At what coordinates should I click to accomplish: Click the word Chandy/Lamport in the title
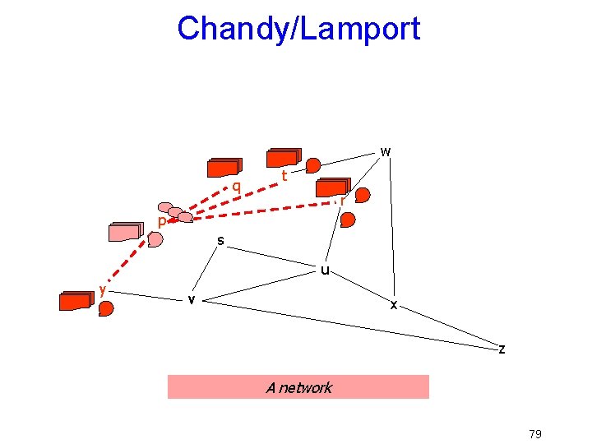298,29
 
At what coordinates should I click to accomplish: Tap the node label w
385,151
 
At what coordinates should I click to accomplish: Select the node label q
236,187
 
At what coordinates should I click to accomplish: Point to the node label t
284,175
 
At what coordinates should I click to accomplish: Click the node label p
162,222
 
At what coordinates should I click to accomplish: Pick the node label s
220,240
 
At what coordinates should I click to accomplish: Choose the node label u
326,269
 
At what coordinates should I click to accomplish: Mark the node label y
102,289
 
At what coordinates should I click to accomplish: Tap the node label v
191,299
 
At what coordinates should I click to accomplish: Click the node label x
394,305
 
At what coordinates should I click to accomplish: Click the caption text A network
298,387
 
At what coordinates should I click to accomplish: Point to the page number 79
534,434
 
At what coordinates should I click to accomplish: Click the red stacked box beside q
224,168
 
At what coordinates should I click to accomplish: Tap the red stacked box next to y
76,300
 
